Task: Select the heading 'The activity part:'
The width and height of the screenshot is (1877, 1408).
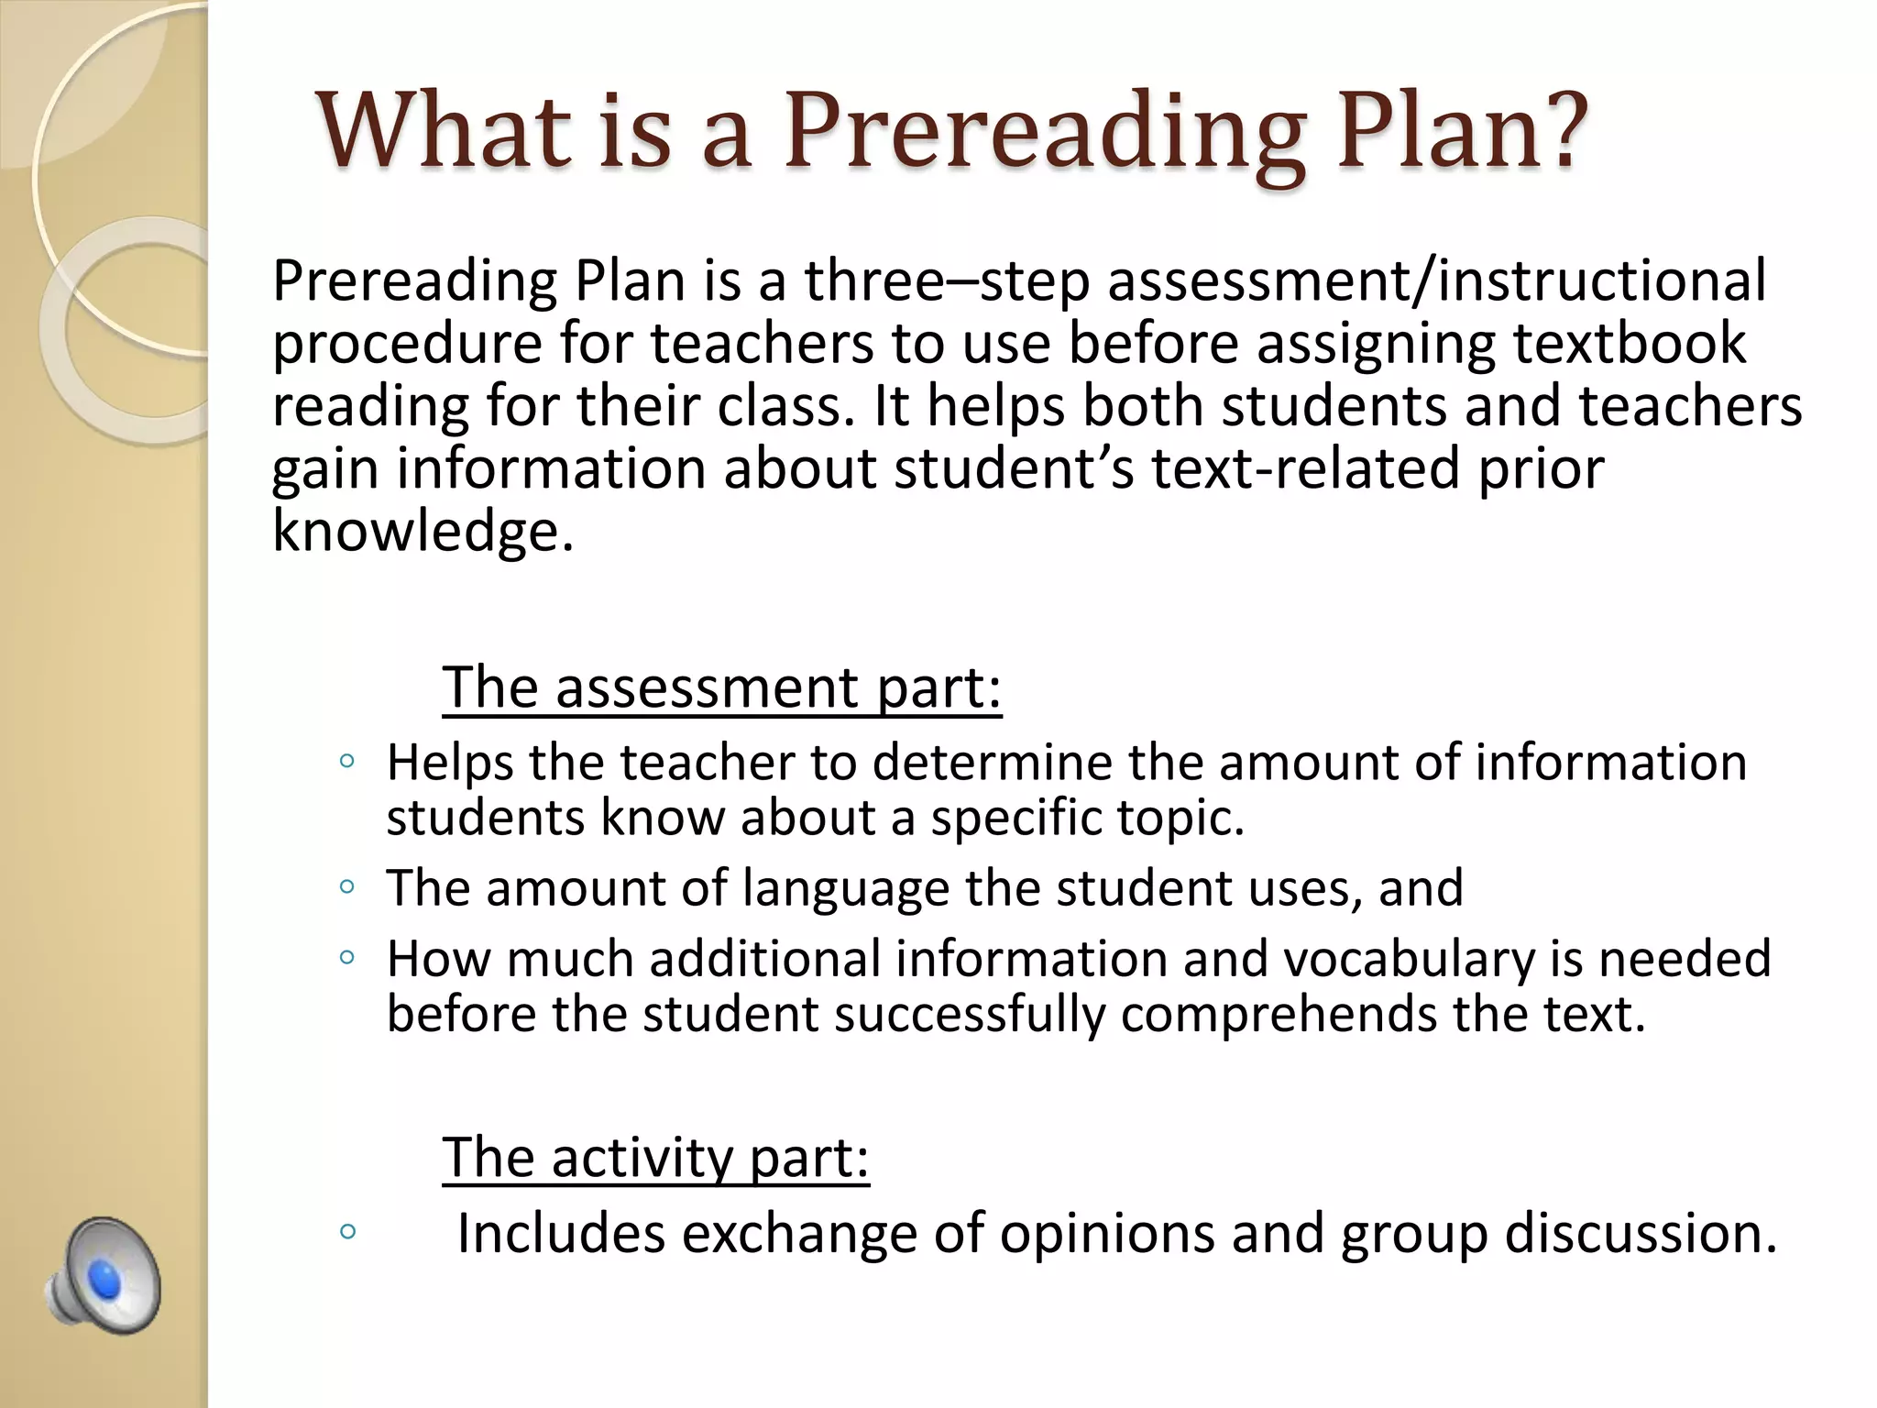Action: coord(655,1158)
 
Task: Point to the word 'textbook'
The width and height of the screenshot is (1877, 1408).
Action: coord(1630,343)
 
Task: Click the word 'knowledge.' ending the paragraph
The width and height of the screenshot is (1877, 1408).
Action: coord(423,531)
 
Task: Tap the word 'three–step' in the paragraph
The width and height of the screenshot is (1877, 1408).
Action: coord(947,280)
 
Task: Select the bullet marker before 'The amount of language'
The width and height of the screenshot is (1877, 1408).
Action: coord(346,886)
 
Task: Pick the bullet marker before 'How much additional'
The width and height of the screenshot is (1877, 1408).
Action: coord(346,958)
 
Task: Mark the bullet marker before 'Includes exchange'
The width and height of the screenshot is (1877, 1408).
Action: coord(346,1231)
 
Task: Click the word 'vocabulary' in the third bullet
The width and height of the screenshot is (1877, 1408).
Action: coord(1408,960)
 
